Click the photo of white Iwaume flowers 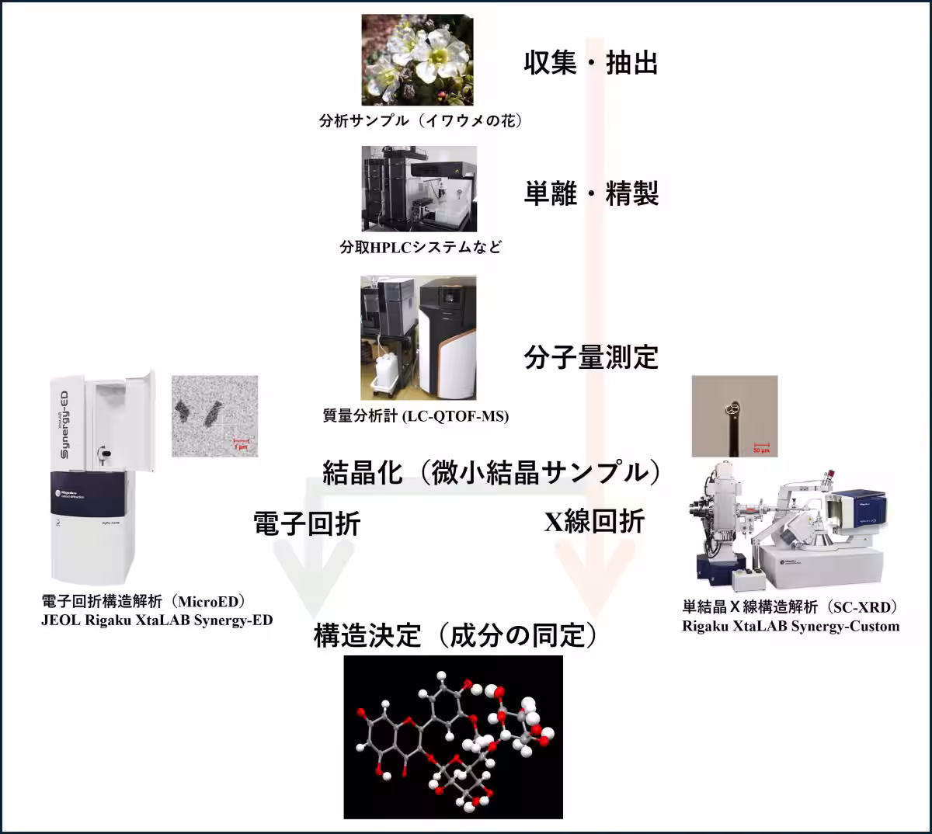point(417,60)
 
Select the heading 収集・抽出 point(590,62)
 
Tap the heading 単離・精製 point(590,193)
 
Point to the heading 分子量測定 point(590,357)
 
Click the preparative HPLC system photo point(419,189)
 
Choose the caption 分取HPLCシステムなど point(420,247)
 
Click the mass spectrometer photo point(418,339)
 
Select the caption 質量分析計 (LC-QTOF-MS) point(416,416)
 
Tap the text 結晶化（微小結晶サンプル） point(492,472)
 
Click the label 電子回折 point(307,523)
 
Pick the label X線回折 point(594,522)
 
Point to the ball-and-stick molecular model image point(453,737)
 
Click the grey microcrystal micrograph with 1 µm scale point(214,416)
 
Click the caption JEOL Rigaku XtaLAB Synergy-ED point(157,620)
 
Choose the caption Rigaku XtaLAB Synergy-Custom point(791,627)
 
